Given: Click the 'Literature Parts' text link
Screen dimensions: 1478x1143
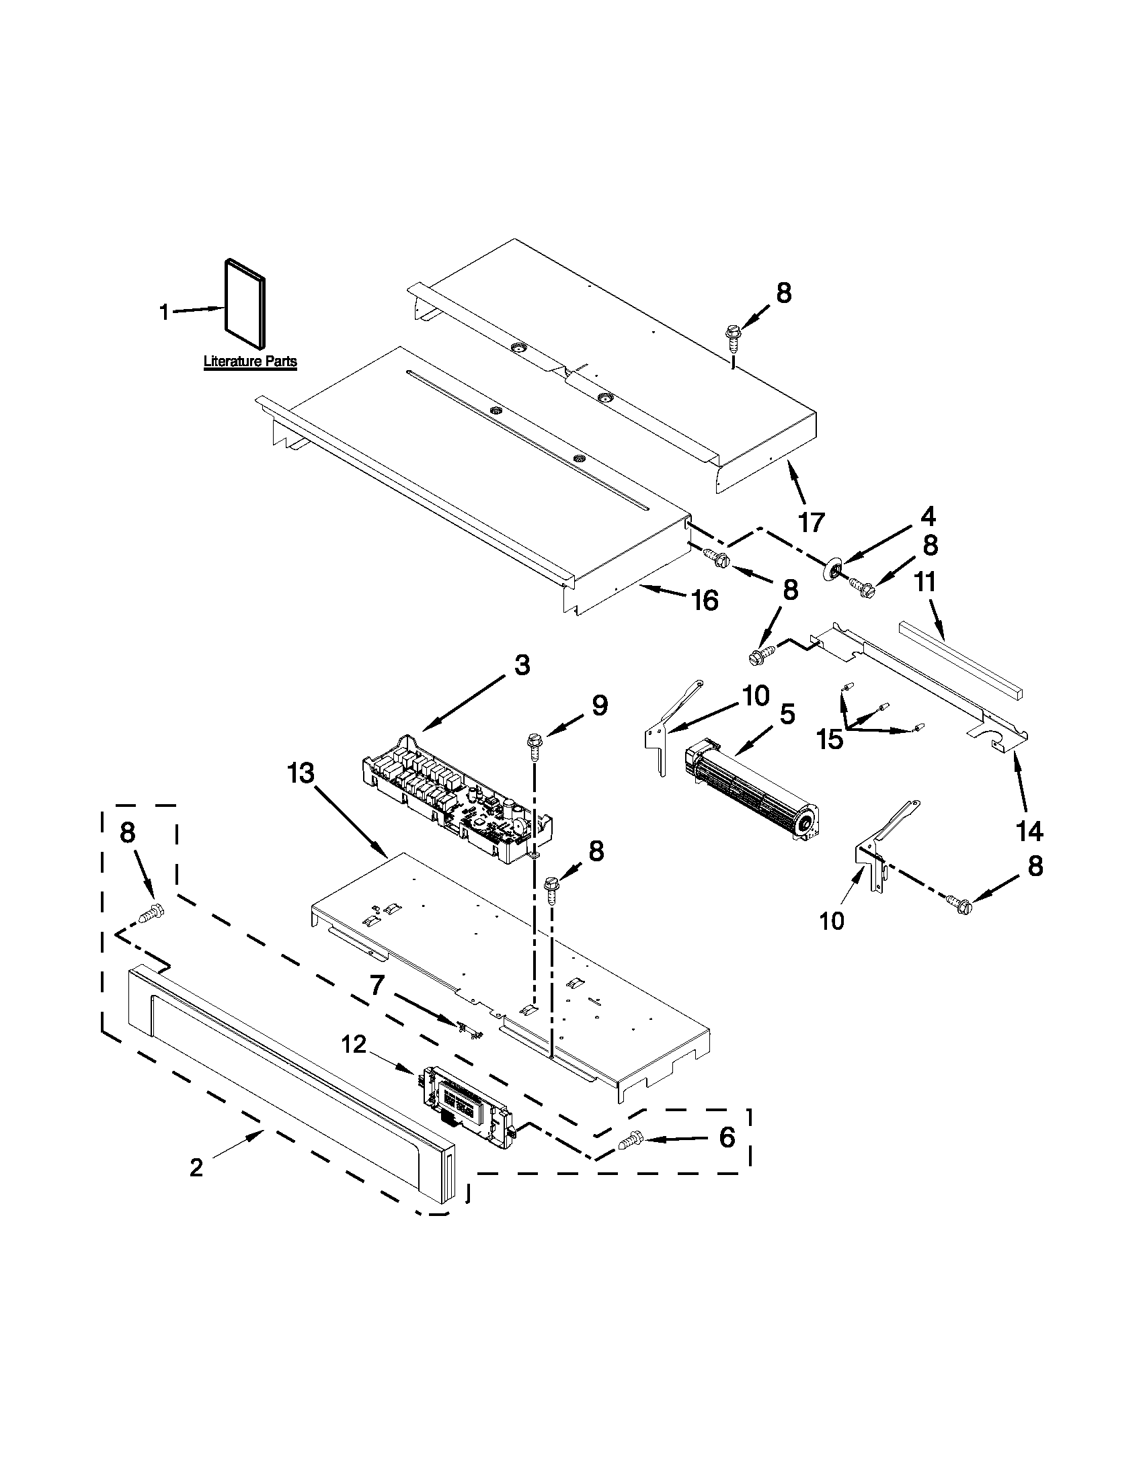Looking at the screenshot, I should click(x=250, y=361).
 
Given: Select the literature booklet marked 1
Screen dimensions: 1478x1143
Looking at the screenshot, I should click(x=245, y=304).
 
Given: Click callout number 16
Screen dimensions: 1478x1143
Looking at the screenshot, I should click(x=705, y=600).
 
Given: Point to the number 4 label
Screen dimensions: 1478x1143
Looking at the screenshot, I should click(x=927, y=517).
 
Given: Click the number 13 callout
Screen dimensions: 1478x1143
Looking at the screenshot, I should click(x=300, y=773).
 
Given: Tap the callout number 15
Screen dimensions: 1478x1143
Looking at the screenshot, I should click(x=830, y=739).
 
